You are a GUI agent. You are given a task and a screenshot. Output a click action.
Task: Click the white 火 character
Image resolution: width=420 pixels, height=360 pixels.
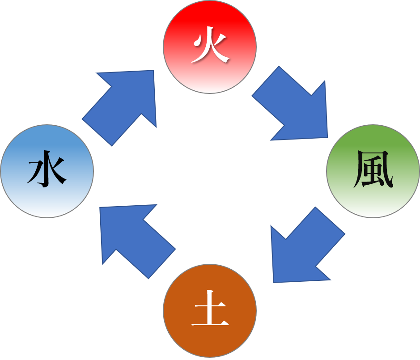point(210,47)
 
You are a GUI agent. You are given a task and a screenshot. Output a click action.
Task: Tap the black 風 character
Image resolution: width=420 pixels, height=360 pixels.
point(373,171)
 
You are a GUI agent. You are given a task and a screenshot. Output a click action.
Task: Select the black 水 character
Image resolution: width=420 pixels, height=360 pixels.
point(47,171)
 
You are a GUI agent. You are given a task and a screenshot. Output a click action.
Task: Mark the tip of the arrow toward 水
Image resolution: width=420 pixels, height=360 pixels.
point(101,208)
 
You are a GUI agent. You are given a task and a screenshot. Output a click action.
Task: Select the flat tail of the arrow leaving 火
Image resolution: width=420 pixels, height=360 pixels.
point(266,81)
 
